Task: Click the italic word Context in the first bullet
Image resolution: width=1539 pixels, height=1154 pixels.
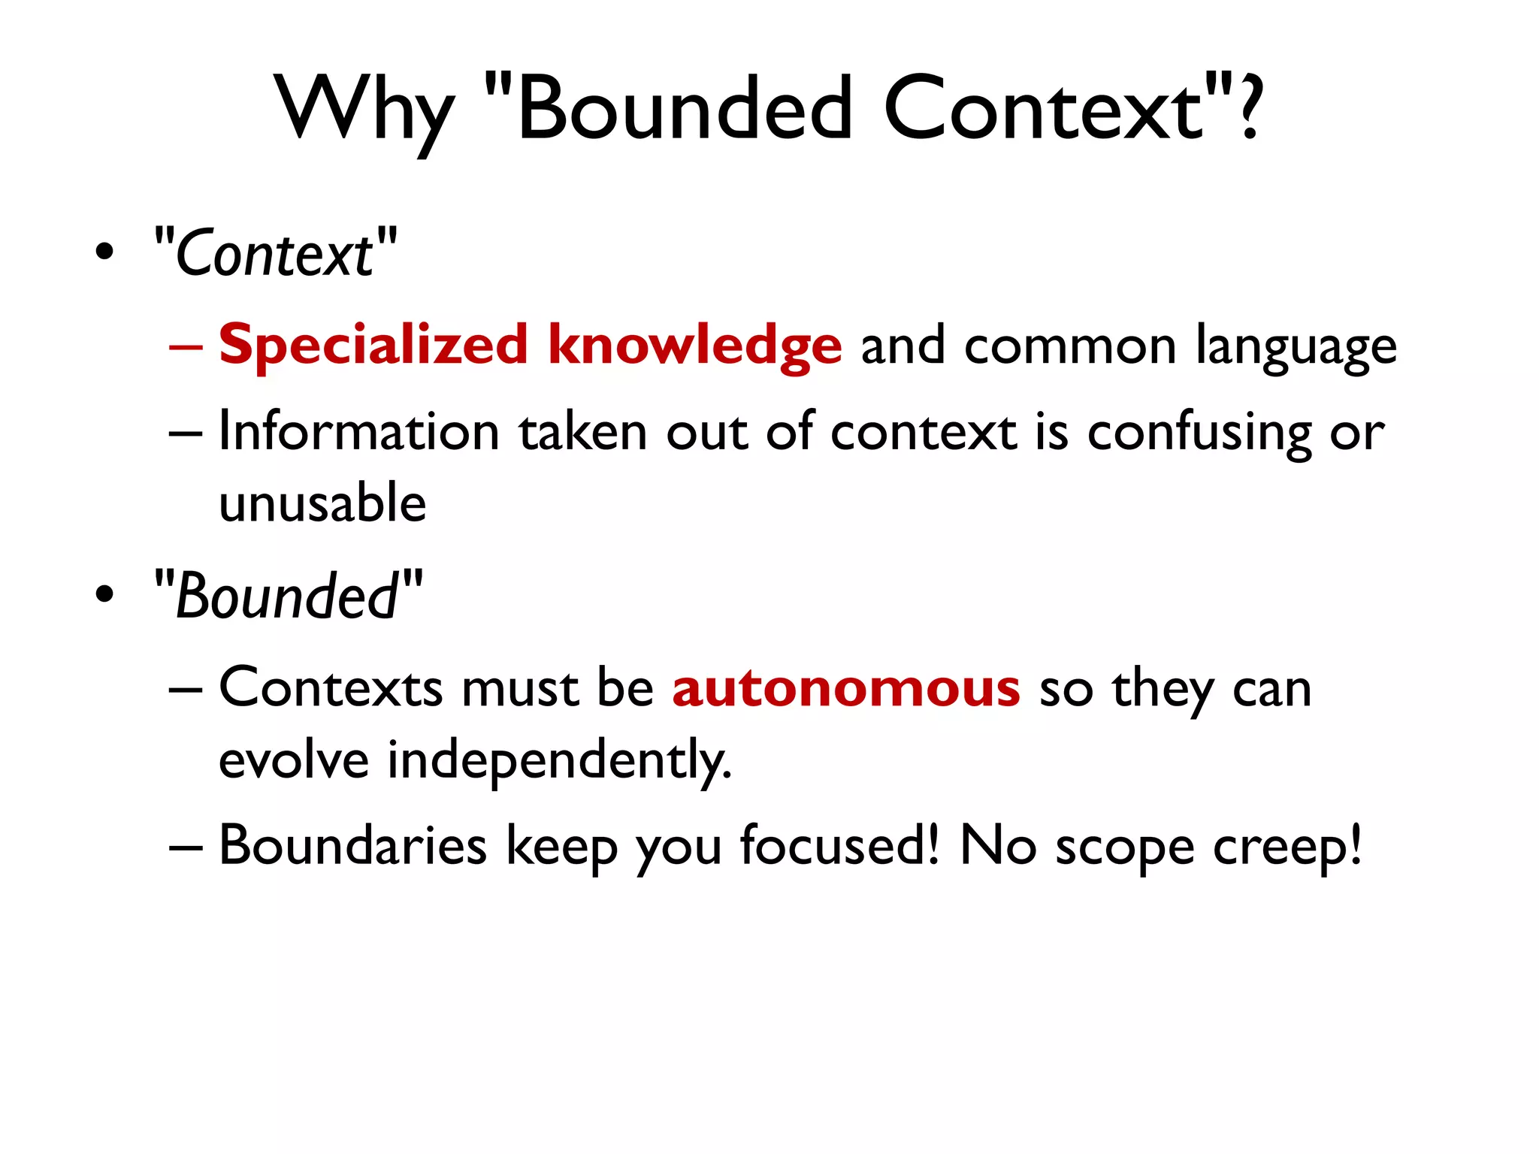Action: tap(274, 254)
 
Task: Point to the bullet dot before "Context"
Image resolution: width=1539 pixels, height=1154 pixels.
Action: tap(105, 252)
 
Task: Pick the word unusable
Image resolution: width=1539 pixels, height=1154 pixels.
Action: tap(322, 503)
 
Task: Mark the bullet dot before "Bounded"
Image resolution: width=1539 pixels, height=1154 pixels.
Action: tap(105, 594)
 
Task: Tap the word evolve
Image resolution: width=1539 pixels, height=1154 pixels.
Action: tap(294, 760)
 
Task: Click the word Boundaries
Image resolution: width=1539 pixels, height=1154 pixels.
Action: tap(352, 846)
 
